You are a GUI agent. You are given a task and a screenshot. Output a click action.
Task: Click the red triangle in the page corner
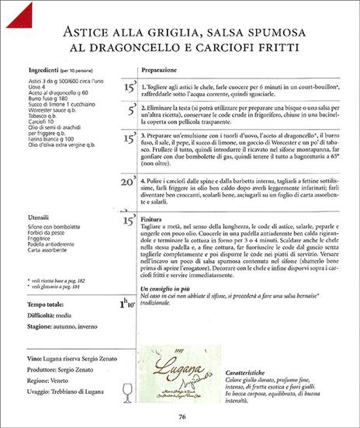point(14,12)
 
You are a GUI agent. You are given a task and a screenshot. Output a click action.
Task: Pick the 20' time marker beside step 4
point(129,182)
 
